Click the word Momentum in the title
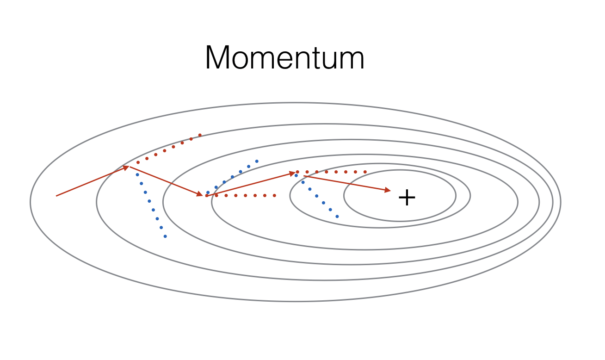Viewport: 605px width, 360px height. (284, 57)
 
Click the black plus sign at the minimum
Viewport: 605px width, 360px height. (407, 197)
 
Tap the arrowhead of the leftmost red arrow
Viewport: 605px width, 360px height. (126, 168)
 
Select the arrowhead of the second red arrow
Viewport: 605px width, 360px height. (200, 193)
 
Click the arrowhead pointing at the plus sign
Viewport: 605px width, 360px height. (388, 190)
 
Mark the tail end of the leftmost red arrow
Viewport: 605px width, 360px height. (56, 196)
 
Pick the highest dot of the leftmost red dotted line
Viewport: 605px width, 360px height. (200, 135)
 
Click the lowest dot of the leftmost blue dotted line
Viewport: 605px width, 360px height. (165, 236)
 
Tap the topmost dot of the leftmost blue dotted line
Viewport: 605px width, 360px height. (137, 175)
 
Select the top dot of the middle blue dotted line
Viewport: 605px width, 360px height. (257, 161)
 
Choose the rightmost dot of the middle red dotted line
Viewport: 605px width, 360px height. (274, 195)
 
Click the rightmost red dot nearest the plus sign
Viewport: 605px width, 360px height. (365, 172)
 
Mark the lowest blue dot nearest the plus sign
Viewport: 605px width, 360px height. (337, 217)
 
